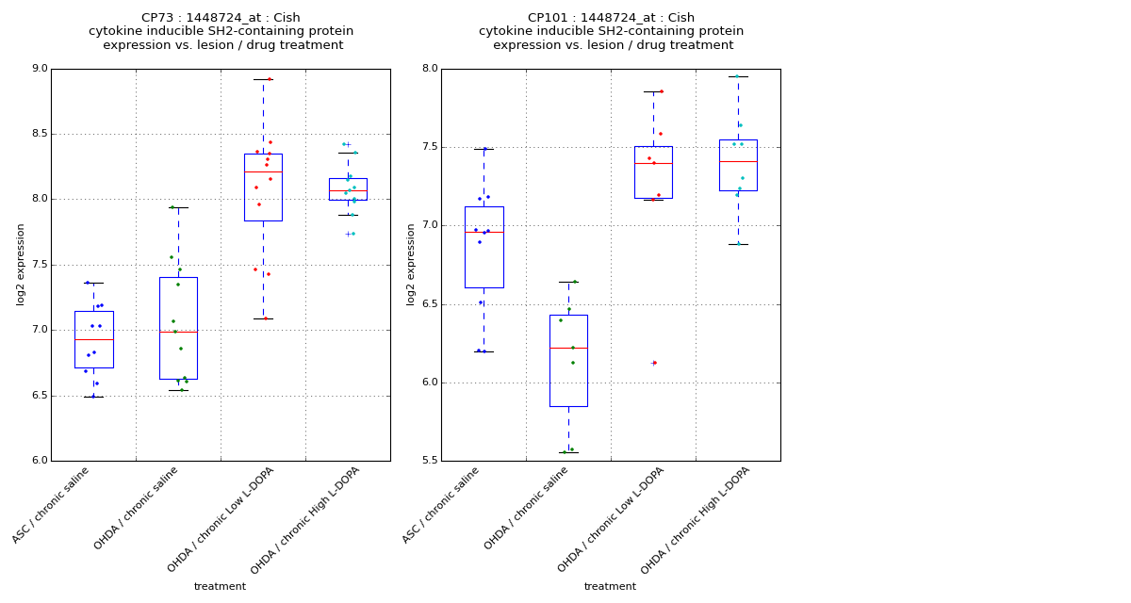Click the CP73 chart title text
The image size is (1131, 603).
(221, 31)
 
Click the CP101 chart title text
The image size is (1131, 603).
(611, 31)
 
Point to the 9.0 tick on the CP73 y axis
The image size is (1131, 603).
(39, 69)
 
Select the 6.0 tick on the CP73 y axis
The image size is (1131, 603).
(39, 461)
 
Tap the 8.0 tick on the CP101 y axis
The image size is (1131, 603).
(429, 69)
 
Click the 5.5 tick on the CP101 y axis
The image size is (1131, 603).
(429, 461)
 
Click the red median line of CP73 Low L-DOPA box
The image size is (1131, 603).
(263, 171)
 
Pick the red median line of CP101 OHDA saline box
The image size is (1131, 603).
(568, 348)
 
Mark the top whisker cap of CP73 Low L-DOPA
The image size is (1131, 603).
(263, 79)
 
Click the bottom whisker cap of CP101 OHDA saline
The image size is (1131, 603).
(568, 452)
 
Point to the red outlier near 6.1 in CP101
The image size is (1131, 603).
(653, 363)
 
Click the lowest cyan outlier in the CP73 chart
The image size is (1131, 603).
(349, 234)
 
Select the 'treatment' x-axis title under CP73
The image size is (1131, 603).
(220, 586)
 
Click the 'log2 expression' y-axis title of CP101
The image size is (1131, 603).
(411, 264)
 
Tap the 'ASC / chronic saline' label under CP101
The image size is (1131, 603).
(441, 506)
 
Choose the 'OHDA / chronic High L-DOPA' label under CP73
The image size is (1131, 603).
(306, 520)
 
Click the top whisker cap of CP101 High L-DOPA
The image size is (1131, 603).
(738, 76)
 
